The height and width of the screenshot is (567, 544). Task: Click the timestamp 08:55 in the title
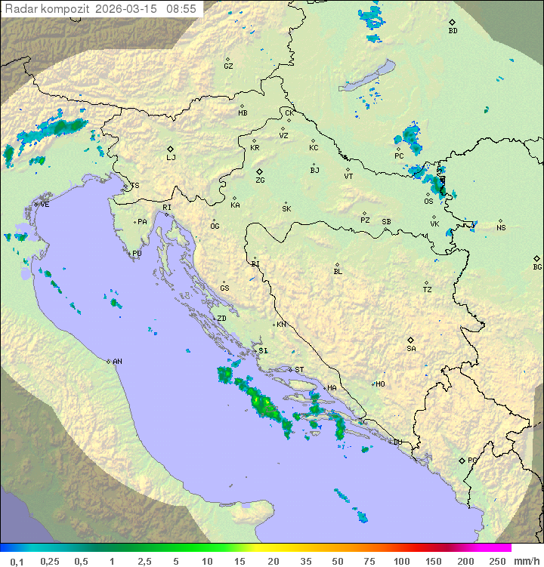(183, 9)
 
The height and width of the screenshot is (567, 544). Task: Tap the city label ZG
(260, 181)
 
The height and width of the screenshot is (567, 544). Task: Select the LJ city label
(171, 158)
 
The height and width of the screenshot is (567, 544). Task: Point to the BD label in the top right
(453, 31)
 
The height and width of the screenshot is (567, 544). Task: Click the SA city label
(411, 349)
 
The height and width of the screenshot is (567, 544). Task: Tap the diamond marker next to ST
(290, 370)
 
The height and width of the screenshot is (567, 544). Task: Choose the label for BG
(537, 267)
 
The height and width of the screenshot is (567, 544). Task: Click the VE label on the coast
(45, 205)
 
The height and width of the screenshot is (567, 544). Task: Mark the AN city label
(117, 362)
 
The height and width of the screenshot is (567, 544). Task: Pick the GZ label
(228, 66)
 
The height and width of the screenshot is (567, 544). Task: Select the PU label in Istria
(137, 254)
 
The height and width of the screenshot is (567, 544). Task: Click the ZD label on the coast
(221, 319)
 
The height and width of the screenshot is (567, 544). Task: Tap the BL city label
(338, 272)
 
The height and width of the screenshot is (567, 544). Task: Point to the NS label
(501, 228)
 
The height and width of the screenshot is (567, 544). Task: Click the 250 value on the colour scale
(497, 561)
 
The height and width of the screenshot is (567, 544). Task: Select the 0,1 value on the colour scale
(17, 561)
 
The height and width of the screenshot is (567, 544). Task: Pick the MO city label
(380, 384)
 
